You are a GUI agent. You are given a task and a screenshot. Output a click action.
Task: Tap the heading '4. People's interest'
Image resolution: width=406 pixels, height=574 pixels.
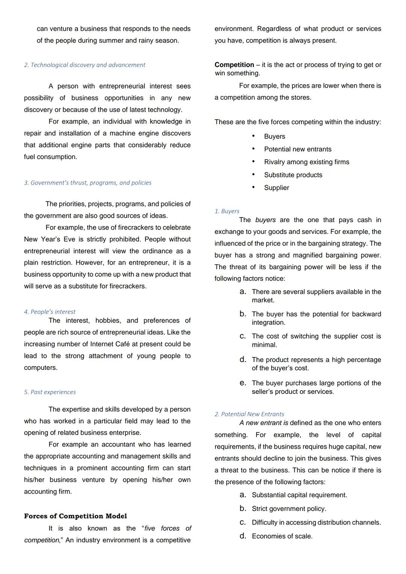point(50,312)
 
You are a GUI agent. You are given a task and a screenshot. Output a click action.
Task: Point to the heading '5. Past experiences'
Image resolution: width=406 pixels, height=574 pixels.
point(50,392)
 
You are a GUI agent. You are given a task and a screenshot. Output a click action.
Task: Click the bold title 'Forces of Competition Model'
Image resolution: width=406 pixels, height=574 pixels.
point(75,516)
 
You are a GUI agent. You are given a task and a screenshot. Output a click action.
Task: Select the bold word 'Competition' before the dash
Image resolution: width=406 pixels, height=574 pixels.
point(234,65)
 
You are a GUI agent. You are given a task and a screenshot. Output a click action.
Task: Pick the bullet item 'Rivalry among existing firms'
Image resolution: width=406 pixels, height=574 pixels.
point(306,162)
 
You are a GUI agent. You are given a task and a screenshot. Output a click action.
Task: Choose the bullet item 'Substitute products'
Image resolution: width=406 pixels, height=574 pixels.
point(293,175)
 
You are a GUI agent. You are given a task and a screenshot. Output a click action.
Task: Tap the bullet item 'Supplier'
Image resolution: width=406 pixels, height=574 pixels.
point(276,188)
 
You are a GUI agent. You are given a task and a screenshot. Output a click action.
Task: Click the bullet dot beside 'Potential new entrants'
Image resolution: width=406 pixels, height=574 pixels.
point(253,149)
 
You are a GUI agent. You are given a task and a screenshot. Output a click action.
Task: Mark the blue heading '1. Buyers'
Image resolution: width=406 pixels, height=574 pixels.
point(227,211)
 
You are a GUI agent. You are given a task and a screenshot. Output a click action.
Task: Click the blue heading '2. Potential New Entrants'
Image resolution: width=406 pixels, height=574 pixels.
point(249,414)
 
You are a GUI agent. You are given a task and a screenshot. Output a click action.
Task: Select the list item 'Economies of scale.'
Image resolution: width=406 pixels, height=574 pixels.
point(282,536)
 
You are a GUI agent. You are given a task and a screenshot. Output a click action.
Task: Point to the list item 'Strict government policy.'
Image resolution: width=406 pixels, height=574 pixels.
point(289,509)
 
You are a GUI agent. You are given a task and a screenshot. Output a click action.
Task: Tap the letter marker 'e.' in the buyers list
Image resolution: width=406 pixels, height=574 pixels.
point(243,383)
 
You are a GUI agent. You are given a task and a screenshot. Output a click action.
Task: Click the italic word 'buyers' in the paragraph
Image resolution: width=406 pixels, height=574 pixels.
point(265,220)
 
